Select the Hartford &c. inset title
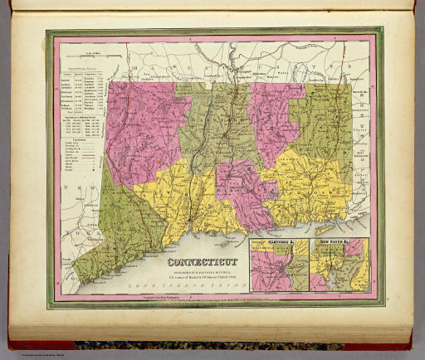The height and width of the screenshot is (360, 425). pos(266,243)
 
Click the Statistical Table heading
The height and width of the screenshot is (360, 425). pos(81,67)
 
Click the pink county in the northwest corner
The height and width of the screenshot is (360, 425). pos(137,124)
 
